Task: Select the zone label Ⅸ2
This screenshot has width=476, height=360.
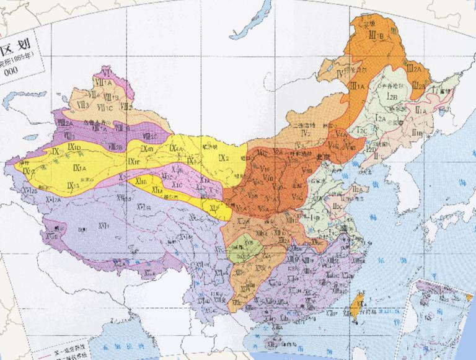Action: click(223, 159)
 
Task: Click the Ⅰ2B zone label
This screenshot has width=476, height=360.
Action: click(392, 96)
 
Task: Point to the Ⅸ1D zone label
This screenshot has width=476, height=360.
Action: click(75, 147)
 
